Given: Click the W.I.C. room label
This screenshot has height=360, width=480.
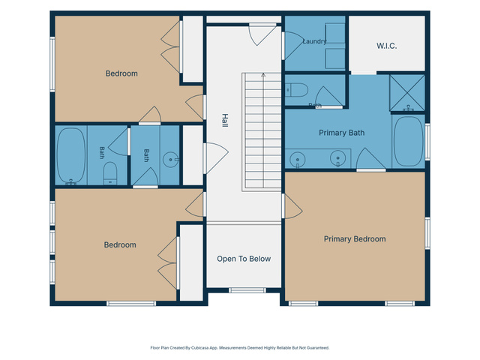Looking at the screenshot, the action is pos(387,46).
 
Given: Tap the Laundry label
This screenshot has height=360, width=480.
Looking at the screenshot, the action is pos(314,41).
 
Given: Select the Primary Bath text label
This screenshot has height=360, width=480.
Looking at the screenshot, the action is pos(342,133).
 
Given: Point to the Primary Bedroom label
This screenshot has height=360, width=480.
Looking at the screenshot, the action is pos(355,239).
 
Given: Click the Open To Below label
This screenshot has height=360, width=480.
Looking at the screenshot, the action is pos(244,259).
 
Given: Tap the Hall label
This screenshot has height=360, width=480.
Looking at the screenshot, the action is pos(225,120).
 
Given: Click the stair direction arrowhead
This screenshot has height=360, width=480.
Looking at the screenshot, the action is pos(263,75).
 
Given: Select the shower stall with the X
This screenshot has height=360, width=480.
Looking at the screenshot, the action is pos(407,92).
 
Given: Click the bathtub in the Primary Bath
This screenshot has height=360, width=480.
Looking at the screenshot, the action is pos(408,141).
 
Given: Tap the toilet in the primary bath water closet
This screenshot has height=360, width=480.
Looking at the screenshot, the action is pos(296,90).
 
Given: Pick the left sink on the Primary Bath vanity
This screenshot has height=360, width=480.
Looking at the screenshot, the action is pos(297,160).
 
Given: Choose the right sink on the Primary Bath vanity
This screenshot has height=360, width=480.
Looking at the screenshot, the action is pos(338,158).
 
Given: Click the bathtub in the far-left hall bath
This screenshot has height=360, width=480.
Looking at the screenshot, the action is pos(71,156).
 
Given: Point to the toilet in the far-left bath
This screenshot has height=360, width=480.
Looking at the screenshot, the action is pos(110,173).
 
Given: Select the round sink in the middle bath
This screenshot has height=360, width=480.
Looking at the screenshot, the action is pos(171,160).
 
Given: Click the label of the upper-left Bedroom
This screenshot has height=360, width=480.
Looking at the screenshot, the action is pos(121,73).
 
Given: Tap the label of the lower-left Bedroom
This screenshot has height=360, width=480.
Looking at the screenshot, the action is pos(120,245).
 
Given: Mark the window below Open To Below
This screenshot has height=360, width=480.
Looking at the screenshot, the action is pos(247,290).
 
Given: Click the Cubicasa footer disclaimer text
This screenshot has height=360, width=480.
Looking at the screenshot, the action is pos(240,348).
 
